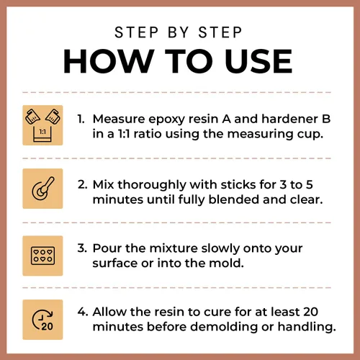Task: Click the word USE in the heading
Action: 258,61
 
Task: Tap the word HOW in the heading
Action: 109,61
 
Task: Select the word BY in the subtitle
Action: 179,32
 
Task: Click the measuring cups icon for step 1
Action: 42,125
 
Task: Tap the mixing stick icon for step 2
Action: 43,189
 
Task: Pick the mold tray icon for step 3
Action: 42,256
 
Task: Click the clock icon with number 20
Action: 42,320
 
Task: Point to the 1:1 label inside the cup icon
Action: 42,132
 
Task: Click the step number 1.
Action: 81,119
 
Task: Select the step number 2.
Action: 82,185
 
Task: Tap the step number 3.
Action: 82,248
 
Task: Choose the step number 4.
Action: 83,312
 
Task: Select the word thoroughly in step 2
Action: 152,186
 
